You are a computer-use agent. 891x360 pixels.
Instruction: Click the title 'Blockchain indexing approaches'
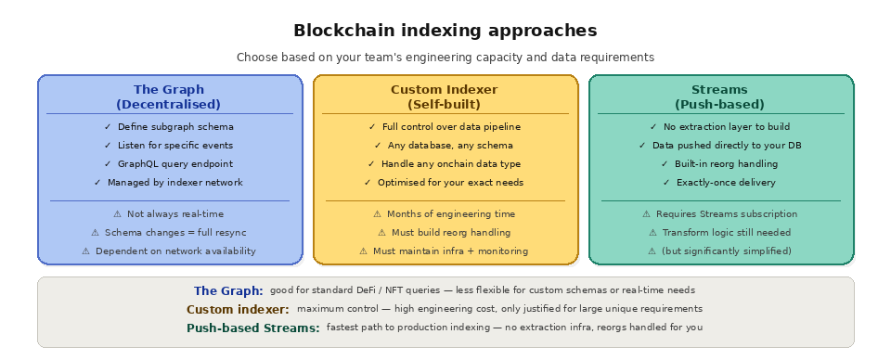445,31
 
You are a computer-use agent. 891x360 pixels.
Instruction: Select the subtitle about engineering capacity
445,58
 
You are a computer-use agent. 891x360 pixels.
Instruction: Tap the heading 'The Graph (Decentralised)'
169,96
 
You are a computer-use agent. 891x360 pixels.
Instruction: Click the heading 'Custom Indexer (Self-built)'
444,96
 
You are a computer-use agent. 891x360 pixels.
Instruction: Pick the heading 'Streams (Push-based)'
719,96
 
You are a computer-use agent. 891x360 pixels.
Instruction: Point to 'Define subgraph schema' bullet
169,127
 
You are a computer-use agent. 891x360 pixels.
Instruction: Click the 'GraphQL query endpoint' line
169,164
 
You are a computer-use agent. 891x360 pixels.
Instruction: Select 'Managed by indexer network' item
169,183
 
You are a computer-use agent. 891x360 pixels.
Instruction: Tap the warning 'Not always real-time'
169,214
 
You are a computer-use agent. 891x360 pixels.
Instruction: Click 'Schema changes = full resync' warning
169,233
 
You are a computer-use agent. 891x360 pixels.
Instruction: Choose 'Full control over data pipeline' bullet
444,127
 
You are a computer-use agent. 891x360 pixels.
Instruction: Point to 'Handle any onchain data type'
444,164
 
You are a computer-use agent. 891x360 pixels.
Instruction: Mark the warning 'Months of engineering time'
444,214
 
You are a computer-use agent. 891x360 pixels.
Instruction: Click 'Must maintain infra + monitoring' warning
444,251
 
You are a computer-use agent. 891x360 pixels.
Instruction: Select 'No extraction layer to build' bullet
719,127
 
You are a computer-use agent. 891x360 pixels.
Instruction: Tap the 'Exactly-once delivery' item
719,183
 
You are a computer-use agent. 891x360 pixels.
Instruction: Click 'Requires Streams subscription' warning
719,214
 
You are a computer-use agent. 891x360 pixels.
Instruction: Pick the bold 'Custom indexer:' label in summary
238,309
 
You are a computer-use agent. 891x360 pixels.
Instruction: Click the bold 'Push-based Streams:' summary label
253,328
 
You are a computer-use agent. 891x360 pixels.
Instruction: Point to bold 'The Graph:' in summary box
228,290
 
